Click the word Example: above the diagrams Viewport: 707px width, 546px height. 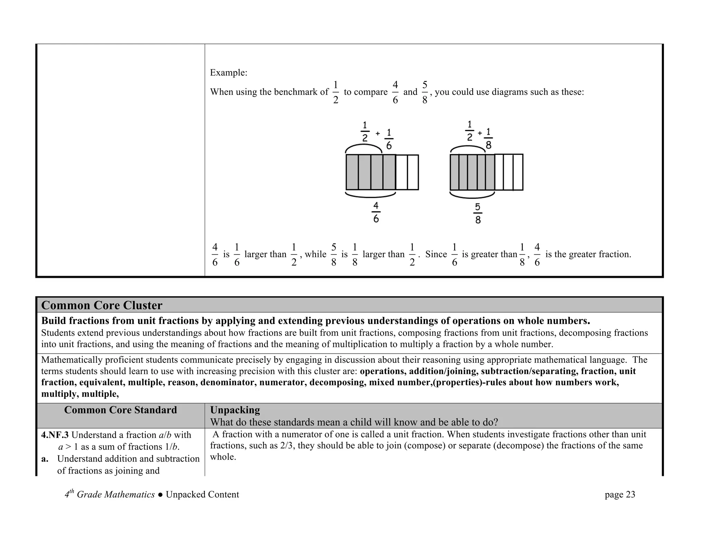[229, 73]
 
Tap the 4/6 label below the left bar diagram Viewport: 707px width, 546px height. [376, 213]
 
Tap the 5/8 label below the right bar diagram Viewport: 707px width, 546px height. [478, 213]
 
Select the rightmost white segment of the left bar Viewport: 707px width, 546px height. [413, 172]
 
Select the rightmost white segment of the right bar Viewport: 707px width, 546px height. [518, 172]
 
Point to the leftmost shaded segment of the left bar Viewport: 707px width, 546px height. [352, 172]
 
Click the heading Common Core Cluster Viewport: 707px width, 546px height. [101, 305]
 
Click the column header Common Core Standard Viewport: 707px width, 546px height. [120, 410]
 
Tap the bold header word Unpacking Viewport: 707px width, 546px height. [235, 410]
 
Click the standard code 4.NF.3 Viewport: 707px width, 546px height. [55, 435]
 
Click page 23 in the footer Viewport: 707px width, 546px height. [620, 495]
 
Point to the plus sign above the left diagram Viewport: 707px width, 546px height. [378, 133]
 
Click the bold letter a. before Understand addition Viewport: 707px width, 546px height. [44, 459]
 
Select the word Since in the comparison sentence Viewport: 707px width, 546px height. [436, 254]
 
